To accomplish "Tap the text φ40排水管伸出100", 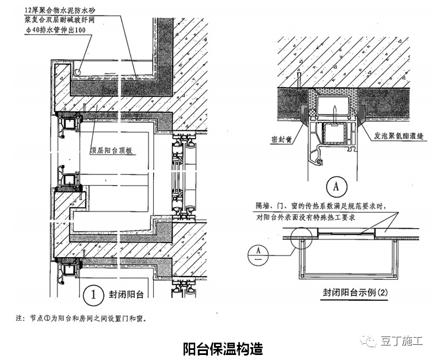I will click(56, 29).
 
